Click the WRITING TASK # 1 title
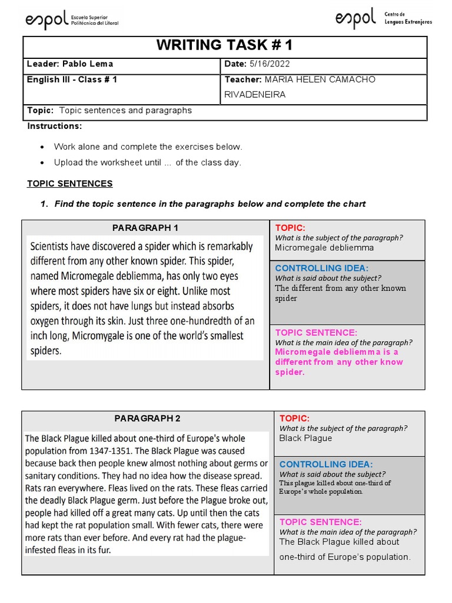click(x=224, y=46)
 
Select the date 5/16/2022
click(x=270, y=64)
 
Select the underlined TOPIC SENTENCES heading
click(x=69, y=184)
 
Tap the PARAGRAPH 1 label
click(x=145, y=228)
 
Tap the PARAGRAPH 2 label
click(x=147, y=419)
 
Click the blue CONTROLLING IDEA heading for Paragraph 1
click(x=322, y=269)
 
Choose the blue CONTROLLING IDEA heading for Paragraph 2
click(x=326, y=465)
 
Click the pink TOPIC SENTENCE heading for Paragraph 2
click(x=320, y=522)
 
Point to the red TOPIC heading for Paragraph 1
click(x=290, y=228)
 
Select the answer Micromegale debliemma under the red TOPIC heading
click(x=324, y=248)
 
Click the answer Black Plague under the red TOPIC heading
click(x=305, y=438)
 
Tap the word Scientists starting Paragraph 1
click(x=54, y=246)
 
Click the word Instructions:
click(x=55, y=126)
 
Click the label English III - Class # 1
click(x=72, y=79)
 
